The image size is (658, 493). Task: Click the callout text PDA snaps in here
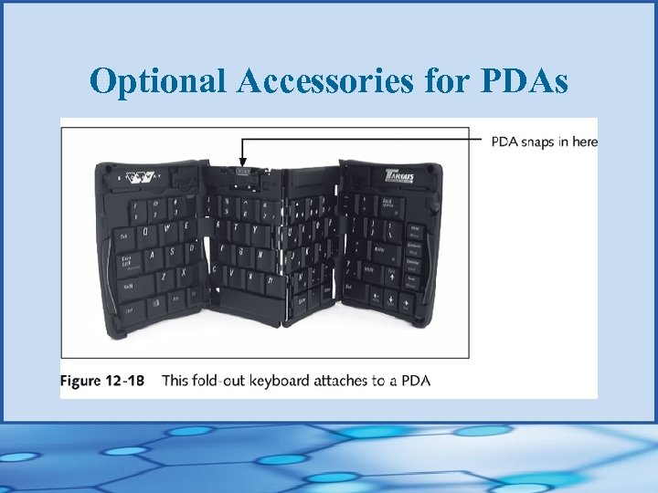coord(544,142)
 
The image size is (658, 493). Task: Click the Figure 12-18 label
coord(102,380)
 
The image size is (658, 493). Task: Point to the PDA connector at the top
coord(242,171)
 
